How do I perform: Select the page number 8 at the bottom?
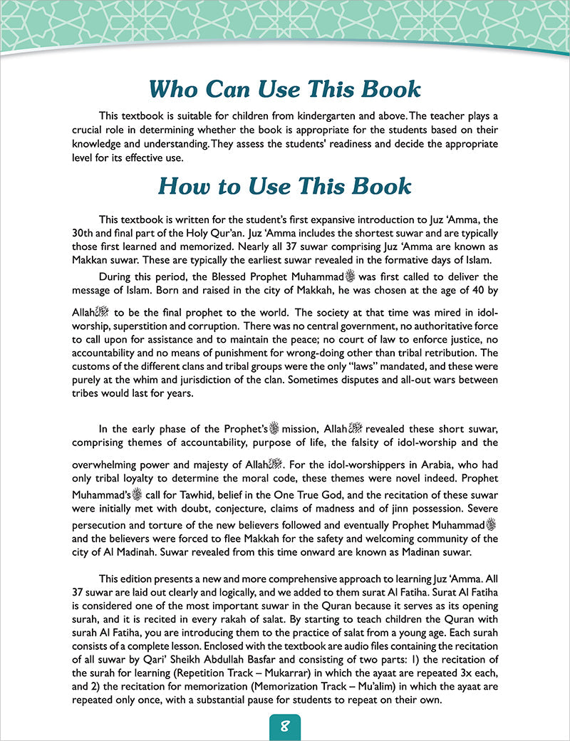point(284,727)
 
